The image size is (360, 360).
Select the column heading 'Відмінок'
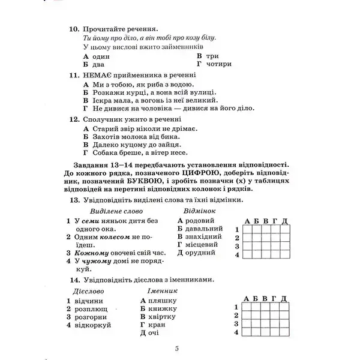coord(200,211)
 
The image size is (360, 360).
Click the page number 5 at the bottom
coord(178,349)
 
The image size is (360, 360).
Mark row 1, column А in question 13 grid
coord(246,229)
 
